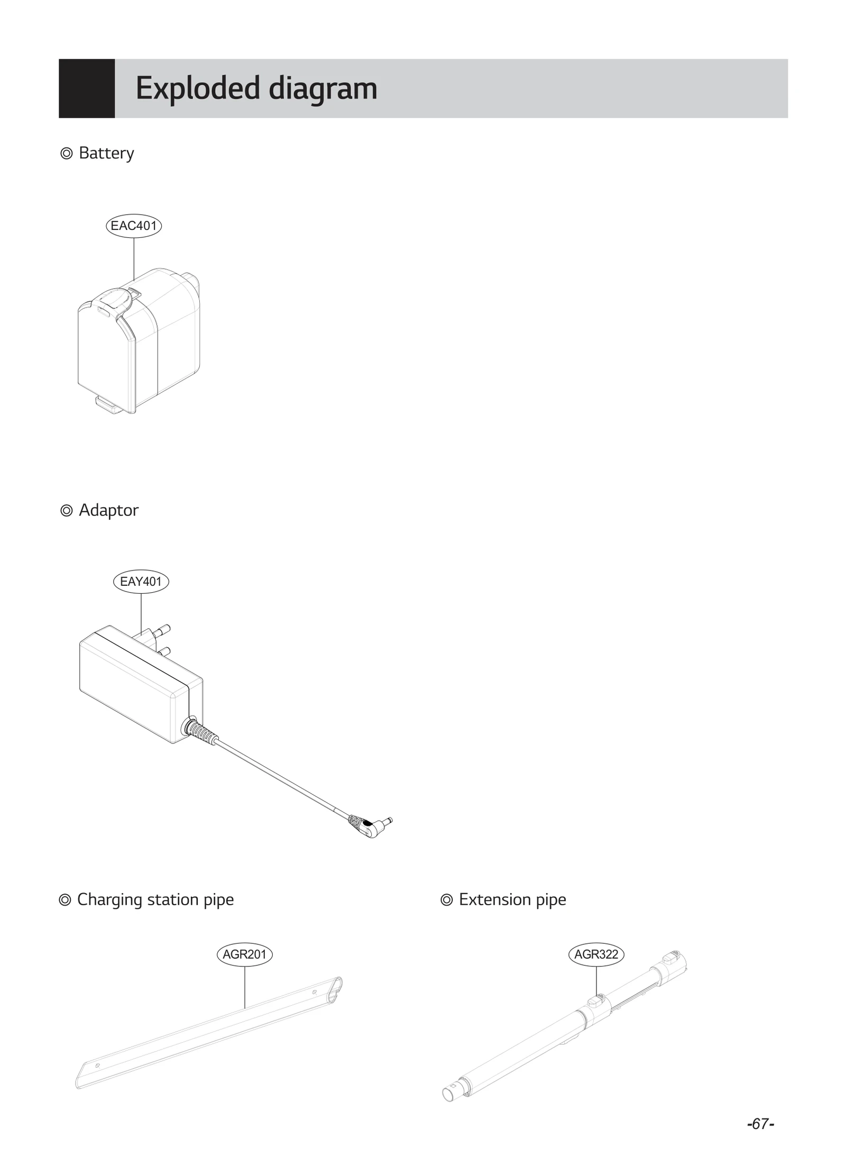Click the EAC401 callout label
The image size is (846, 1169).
point(134,226)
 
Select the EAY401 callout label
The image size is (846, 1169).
point(141,582)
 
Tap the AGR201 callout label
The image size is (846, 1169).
point(244,954)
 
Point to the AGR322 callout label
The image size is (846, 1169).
point(596,954)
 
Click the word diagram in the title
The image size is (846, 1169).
point(323,88)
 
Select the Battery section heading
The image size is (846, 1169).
point(106,153)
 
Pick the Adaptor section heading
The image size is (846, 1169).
point(108,510)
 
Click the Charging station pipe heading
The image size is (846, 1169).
point(155,899)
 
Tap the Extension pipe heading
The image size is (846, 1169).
point(512,899)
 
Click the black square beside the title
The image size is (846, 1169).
point(87,88)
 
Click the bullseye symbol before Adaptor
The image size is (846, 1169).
point(67,511)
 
